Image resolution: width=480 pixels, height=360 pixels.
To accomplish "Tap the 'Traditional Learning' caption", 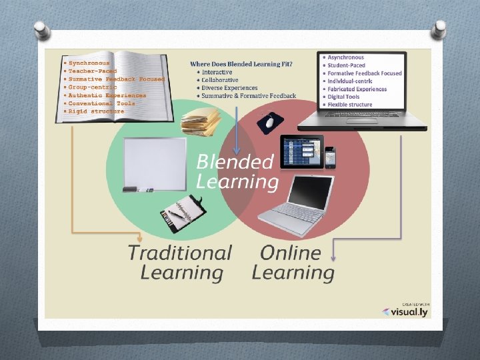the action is (179, 263).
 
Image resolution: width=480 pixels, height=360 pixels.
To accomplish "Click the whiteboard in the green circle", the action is (155, 164).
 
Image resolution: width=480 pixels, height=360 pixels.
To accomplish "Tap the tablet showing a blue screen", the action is (301, 152).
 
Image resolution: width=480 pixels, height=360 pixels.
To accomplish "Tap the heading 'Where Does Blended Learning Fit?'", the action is (241, 64).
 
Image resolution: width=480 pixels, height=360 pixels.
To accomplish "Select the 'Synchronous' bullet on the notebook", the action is (89, 63).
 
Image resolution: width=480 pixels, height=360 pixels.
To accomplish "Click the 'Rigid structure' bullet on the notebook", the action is (96, 111).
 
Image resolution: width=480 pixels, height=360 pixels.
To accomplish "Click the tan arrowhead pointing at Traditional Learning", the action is (139, 237).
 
